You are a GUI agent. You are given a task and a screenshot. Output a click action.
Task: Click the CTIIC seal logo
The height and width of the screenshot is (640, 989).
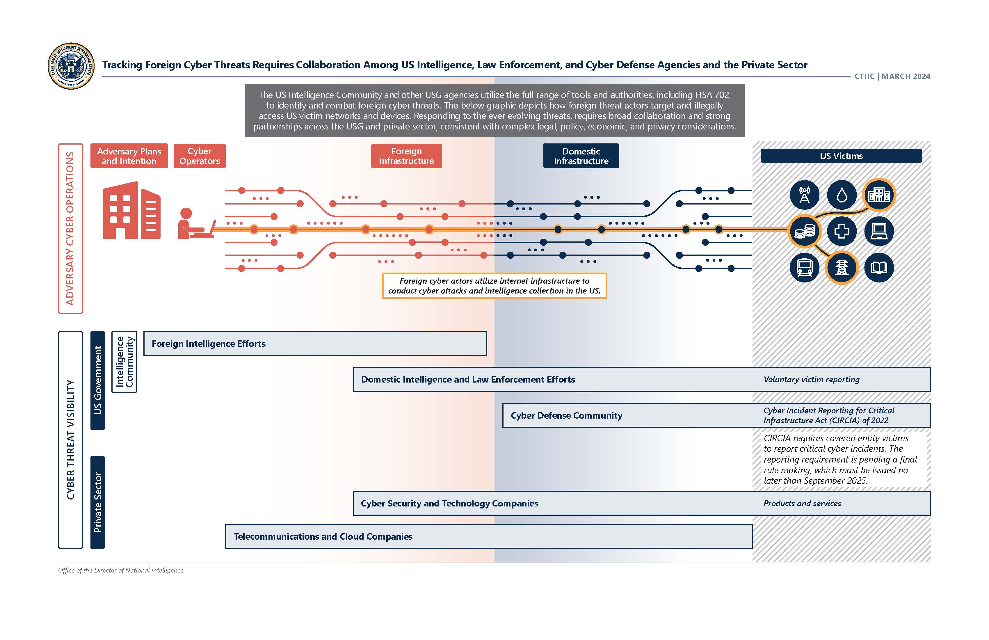pos(71,66)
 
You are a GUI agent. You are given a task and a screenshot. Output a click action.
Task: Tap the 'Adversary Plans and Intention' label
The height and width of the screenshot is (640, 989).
pos(129,156)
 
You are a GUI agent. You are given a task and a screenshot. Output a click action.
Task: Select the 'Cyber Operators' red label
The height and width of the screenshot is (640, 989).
pos(200,156)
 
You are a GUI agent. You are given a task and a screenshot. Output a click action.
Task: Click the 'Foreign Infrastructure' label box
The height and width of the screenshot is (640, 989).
pos(406,156)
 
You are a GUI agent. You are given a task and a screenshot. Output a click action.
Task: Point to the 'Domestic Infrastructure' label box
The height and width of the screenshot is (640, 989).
pos(581,156)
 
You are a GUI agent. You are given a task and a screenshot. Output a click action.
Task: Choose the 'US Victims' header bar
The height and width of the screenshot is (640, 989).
pos(841,156)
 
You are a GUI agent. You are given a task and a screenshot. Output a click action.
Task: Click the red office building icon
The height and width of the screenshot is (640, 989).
pos(131,210)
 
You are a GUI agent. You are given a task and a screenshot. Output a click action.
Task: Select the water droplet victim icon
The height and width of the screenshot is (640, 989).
pos(842,195)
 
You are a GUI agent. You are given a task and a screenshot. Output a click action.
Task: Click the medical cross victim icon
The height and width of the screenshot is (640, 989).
pos(842,231)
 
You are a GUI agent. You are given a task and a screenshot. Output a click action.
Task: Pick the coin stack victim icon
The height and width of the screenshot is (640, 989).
pos(805,231)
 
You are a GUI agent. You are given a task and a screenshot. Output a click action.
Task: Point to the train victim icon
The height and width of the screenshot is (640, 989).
pos(805,268)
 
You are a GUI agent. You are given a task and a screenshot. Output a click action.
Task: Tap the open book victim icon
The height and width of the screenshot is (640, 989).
pos(879,268)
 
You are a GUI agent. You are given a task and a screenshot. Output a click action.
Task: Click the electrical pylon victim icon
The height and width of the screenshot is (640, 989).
pos(842,268)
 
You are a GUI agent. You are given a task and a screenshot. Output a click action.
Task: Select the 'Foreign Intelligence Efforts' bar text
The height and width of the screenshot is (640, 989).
pos(209,344)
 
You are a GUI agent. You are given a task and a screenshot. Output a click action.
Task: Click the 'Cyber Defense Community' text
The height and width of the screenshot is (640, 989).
pos(566,416)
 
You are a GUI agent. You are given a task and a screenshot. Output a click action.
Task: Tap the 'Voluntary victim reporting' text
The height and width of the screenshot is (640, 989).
pos(811,379)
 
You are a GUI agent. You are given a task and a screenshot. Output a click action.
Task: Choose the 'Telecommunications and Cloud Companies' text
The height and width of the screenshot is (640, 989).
pos(323,536)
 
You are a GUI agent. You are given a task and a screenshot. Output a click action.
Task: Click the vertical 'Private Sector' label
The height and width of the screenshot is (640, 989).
pos(98,502)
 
